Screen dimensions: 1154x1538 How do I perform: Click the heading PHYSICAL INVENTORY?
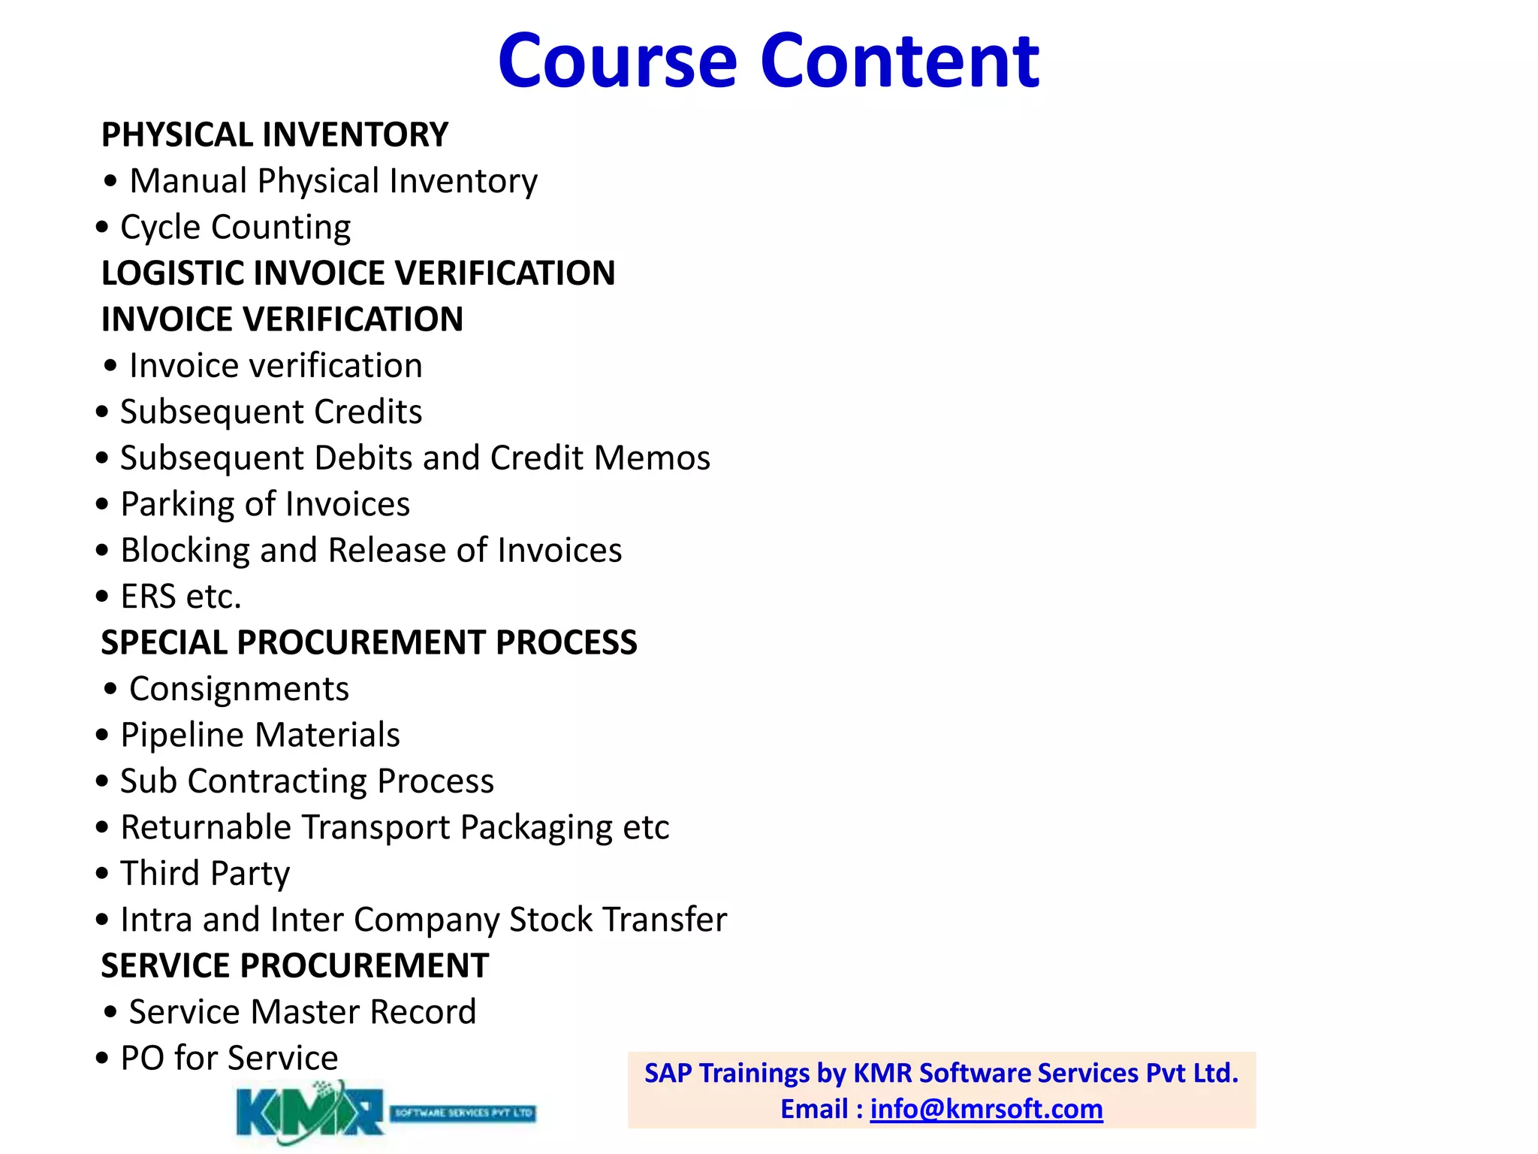275,135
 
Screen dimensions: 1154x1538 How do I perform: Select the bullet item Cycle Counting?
235,227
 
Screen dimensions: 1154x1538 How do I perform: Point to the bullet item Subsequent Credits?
270,412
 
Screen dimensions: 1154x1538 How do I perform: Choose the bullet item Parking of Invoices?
265,504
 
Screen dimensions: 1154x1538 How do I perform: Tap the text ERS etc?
181,597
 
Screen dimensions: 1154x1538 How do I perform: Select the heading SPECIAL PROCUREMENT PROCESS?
369,643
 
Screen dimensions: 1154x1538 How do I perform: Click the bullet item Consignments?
239,689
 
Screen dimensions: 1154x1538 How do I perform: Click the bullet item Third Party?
205,874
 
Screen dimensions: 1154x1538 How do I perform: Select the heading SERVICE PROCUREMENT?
294,966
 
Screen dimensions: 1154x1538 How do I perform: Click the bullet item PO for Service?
229,1059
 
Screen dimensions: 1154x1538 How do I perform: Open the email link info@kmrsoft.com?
986,1109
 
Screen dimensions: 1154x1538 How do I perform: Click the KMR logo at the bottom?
384,1112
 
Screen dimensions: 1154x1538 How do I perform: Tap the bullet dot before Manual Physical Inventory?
111,181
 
